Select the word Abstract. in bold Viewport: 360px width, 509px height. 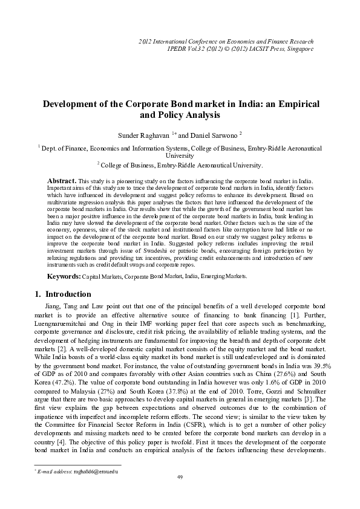coord(61,181)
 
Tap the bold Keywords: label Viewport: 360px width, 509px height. coord(64,276)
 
